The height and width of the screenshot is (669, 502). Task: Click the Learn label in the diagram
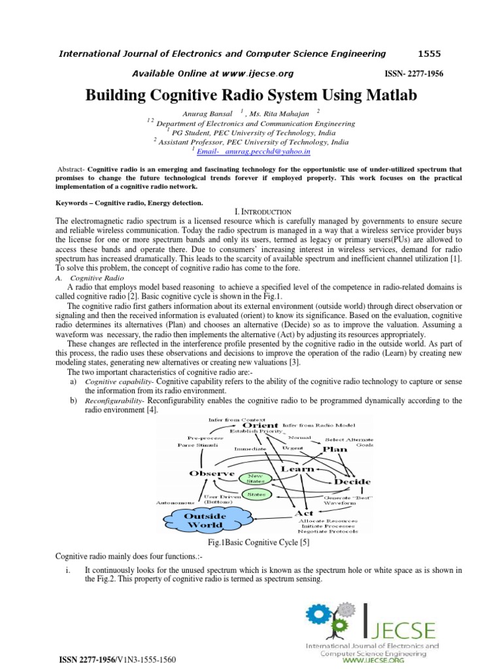tap(297, 469)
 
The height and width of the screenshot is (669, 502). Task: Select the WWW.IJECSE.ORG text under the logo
tap(374, 661)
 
